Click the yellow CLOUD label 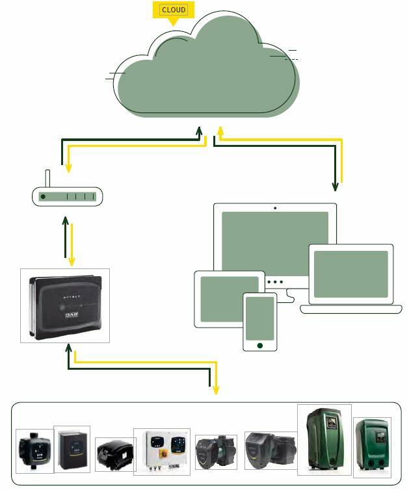(x=174, y=10)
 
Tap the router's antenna (x=47, y=179)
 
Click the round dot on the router (x=43, y=196)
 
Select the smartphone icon (x=259, y=322)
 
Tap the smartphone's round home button (x=259, y=345)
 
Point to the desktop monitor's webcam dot (x=275, y=209)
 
